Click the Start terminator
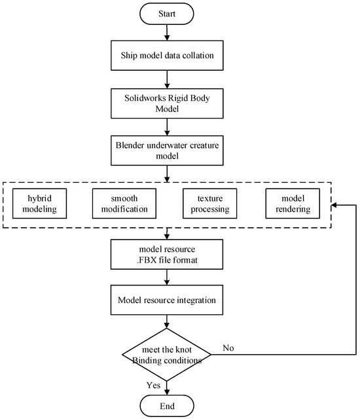click(168, 12)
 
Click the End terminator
click(168, 405)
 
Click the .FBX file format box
click(169, 253)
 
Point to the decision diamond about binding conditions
click(168, 354)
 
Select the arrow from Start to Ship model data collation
click(168, 31)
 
